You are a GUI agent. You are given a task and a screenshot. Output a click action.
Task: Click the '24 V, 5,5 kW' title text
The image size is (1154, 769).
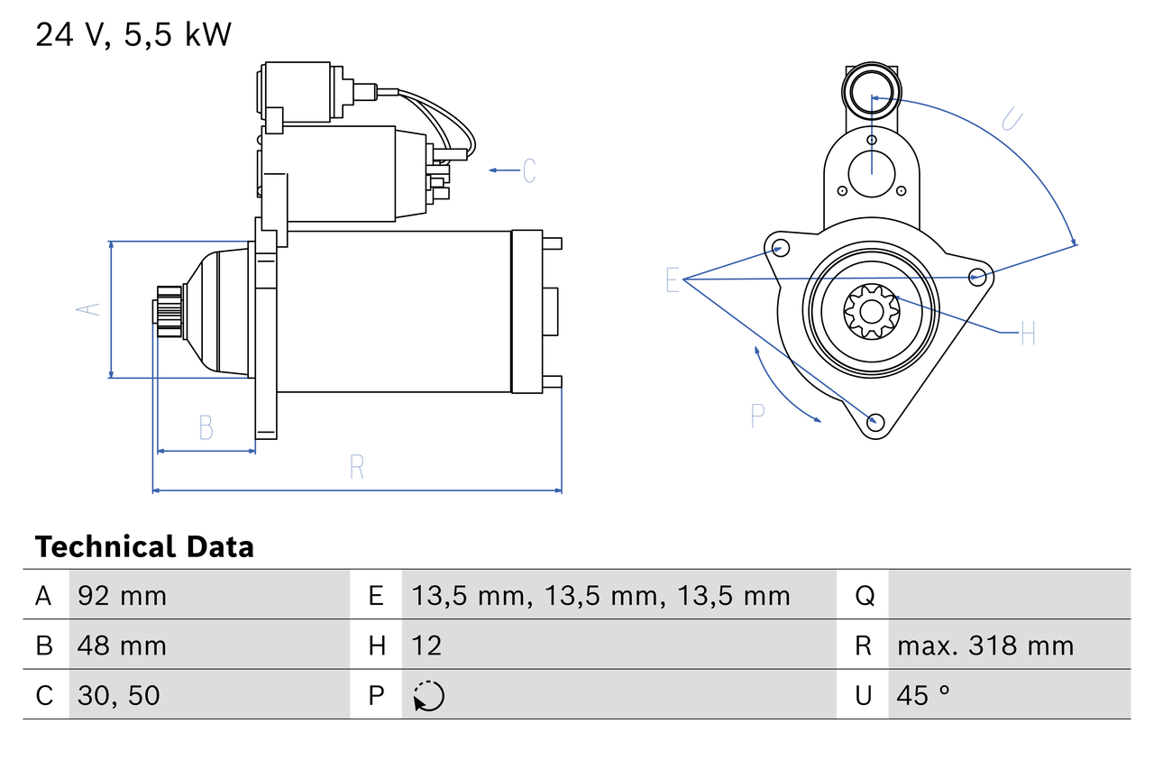(x=133, y=34)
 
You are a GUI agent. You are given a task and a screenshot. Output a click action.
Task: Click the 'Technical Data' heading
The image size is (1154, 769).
(x=144, y=547)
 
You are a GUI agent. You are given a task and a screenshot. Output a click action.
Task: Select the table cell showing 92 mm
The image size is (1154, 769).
(x=122, y=595)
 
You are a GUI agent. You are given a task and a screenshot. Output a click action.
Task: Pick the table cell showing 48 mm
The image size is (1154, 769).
(x=122, y=645)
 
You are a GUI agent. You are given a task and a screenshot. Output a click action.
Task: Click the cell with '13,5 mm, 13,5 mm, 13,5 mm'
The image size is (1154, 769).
(x=600, y=595)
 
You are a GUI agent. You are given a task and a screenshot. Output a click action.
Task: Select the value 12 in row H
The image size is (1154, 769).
(x=426, y=645)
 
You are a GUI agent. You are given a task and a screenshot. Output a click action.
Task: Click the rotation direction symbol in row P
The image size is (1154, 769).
(x=428, y=696)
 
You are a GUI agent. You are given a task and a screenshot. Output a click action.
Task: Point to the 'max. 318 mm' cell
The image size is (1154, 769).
(x=985, y=645)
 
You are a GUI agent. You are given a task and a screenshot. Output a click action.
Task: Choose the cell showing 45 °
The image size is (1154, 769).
(x=923, y=695)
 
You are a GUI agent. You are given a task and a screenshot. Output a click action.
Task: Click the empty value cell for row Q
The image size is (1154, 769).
(x=1008, y=595)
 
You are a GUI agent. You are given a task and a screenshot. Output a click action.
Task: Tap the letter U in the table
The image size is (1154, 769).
(x=864, y=695)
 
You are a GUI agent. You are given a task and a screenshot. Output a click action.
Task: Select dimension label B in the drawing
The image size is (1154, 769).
(x=206, y=427)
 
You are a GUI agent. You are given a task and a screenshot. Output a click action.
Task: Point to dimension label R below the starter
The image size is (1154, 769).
(x=357, y=467)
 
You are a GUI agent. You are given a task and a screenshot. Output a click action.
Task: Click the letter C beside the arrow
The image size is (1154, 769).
(x=529, y=169)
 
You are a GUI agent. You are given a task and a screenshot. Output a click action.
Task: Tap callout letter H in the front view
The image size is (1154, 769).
(x=1028, y=334)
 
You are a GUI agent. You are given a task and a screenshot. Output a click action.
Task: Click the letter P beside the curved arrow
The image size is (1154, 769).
(x=757, y=416)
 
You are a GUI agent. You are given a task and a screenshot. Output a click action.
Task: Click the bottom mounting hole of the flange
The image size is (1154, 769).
(x=874, y=421)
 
